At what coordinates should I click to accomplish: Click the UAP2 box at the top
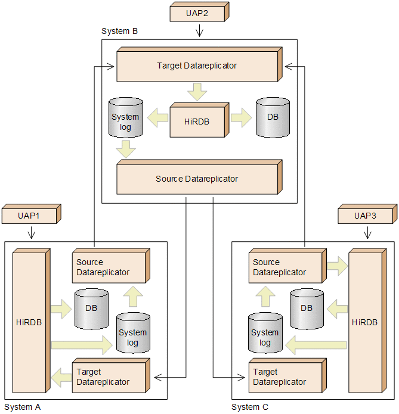[x=197, y=13]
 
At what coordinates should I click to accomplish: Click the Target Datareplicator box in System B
[x=197, y=66]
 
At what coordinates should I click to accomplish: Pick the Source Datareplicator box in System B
[x=197, y=179]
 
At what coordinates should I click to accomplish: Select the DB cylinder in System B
[x=273, y=117]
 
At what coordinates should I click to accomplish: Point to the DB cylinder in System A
[x=91, y=309]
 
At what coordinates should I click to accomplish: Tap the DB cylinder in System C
[x=307, y=309]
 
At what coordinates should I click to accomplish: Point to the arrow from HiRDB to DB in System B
[x=241, y=117]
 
